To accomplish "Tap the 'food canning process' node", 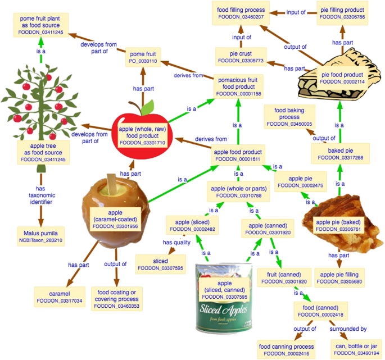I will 286,349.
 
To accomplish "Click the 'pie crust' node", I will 241,56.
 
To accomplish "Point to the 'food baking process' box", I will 289,116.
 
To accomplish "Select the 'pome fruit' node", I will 142,57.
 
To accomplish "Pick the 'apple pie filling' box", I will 339,277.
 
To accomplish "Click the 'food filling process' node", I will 241,13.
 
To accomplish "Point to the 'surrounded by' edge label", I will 351,329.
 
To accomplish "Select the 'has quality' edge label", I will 176,242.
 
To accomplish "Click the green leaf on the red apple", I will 147,107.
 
